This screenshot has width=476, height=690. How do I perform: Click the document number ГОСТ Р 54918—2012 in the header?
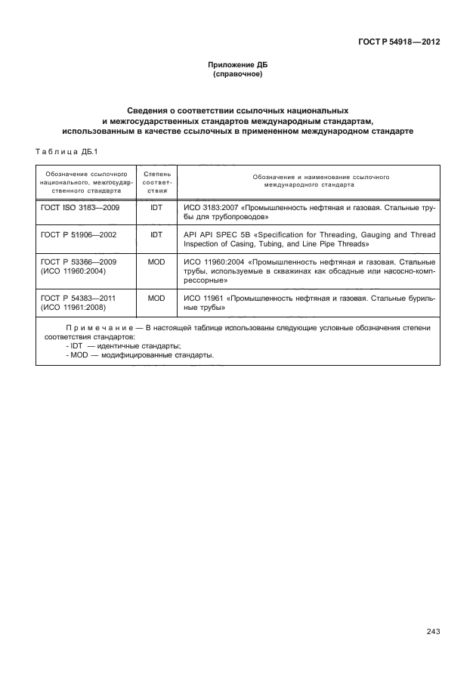click(x=399, y=42)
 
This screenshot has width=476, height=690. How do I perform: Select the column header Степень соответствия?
click(x=156, y=184)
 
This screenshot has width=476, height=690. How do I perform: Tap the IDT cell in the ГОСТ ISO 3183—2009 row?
click(x=156, y=206)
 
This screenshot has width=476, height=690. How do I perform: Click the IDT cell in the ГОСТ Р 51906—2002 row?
click(x=156, y=235)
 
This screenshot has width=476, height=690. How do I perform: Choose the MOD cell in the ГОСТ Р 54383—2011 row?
click(x=156, y=299)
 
